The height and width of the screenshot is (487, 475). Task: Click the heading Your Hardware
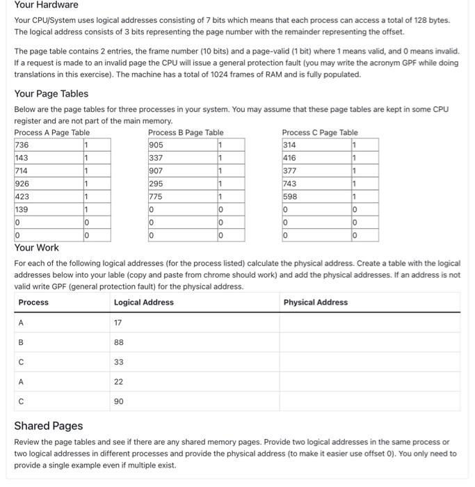(47, 6)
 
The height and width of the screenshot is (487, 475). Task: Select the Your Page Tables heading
(51, 94)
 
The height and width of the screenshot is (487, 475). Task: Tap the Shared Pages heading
(49, 426)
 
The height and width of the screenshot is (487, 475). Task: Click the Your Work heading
(37, 248)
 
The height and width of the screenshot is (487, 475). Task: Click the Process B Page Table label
(186, 132)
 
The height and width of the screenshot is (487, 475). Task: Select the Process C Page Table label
(319, 132)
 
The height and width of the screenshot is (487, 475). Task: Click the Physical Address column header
(316, 302)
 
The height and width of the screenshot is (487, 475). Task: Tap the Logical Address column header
(144, 302)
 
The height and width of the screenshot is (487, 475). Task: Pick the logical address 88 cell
(119, 342)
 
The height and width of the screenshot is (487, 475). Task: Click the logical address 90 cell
(119, 401)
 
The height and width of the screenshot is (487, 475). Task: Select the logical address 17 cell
(118, 322)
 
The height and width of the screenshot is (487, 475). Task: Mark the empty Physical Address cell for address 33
(369, 362)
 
